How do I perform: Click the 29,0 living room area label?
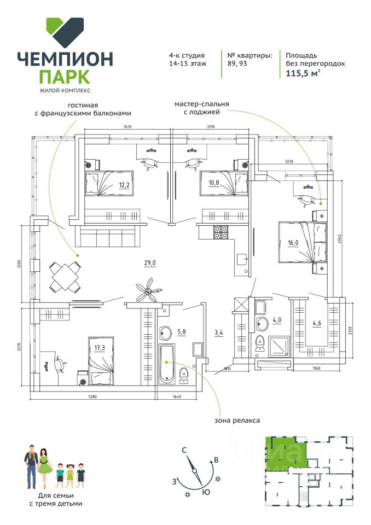150,263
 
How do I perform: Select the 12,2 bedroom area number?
124,184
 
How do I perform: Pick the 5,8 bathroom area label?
182,331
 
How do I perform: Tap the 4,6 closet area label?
317,323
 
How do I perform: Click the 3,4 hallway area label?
219,331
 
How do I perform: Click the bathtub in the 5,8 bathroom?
165,364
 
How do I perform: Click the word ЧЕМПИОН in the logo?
65,58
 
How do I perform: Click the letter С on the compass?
185,450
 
